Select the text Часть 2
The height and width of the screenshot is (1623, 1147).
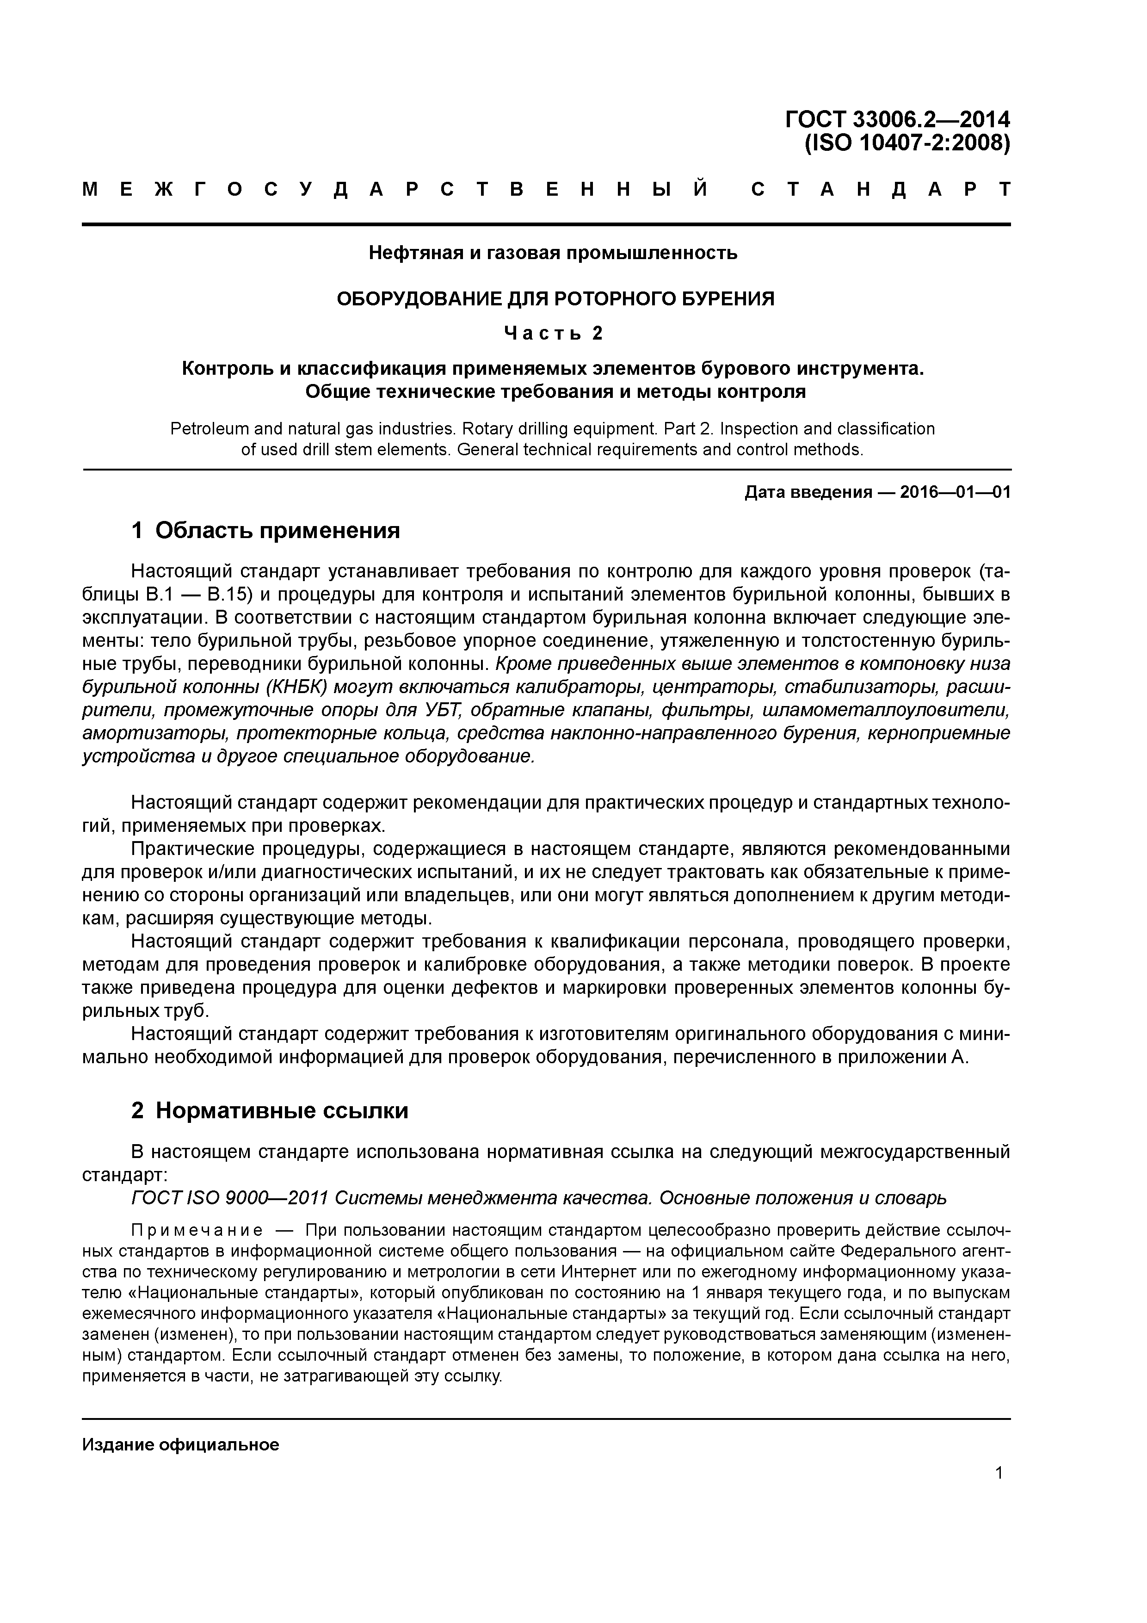[553, 333]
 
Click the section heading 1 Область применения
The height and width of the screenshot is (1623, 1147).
[266, 530]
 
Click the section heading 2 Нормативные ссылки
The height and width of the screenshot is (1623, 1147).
[270, 1110]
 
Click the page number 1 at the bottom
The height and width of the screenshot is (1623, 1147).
[999, 1473]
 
